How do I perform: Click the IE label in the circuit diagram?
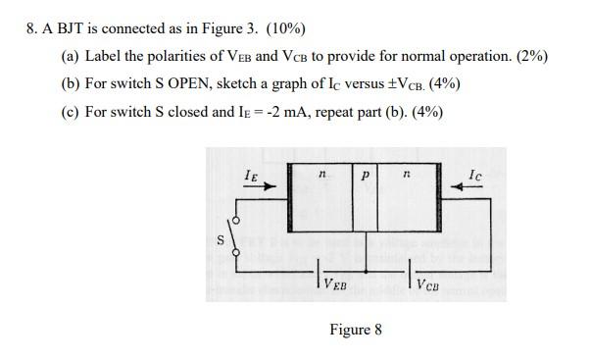pos(252,174)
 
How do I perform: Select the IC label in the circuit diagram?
pos(474,174)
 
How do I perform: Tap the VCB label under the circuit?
pos(428,285)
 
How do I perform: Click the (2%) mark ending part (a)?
pos(529,56)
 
